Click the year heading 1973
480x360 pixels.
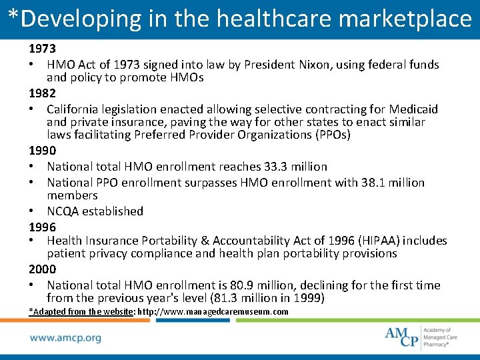coord(42,49)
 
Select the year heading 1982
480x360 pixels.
coord(42,93)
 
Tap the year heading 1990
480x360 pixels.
coord(42,151)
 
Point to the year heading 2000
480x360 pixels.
coord(42,269)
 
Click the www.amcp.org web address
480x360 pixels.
coord(65,337)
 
